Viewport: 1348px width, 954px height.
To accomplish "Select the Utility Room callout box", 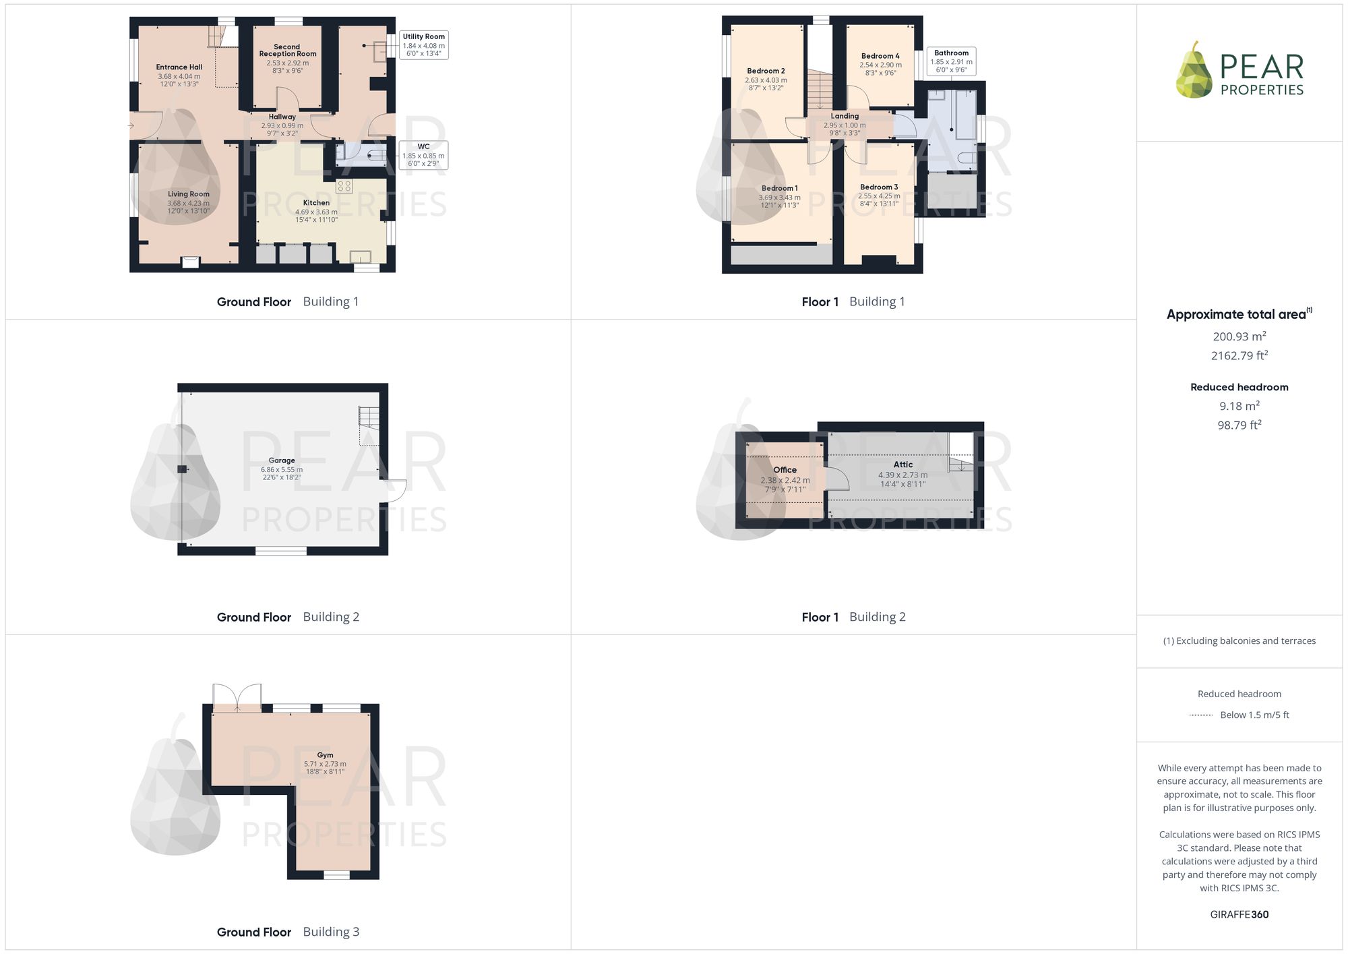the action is pyautogui.click(x=424, y=45).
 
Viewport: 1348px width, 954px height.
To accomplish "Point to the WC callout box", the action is pyautogui.click(x=423, y=155).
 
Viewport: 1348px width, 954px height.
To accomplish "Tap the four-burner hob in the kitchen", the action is pyautogui.click(x=344, y=185).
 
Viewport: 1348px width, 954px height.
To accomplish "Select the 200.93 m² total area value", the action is pyautogui.click(x=1239, y=336).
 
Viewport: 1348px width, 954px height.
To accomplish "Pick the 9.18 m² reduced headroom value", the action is pyautogui.click(x=1239, y=406).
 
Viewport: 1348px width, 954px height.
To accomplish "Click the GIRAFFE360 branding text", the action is pyautogui.click(x=1239, y=915).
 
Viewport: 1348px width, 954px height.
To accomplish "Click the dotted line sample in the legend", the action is pyautogui.click(x=1201, y=715).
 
